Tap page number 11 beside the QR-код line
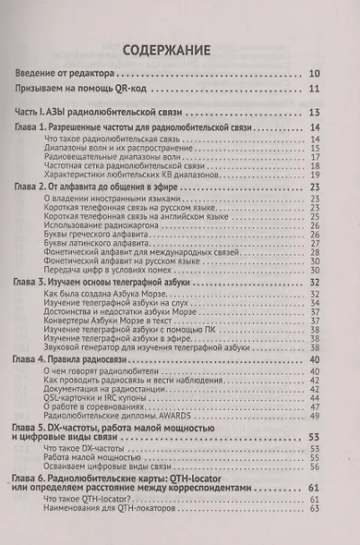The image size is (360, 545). pos(315,90)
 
